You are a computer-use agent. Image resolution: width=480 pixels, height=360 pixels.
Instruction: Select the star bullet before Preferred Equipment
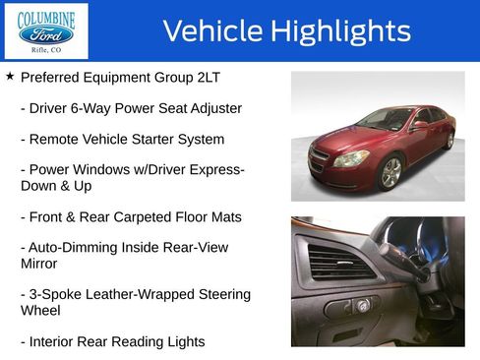[10, 76]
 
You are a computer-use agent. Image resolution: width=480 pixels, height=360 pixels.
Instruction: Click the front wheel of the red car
[391, 172]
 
